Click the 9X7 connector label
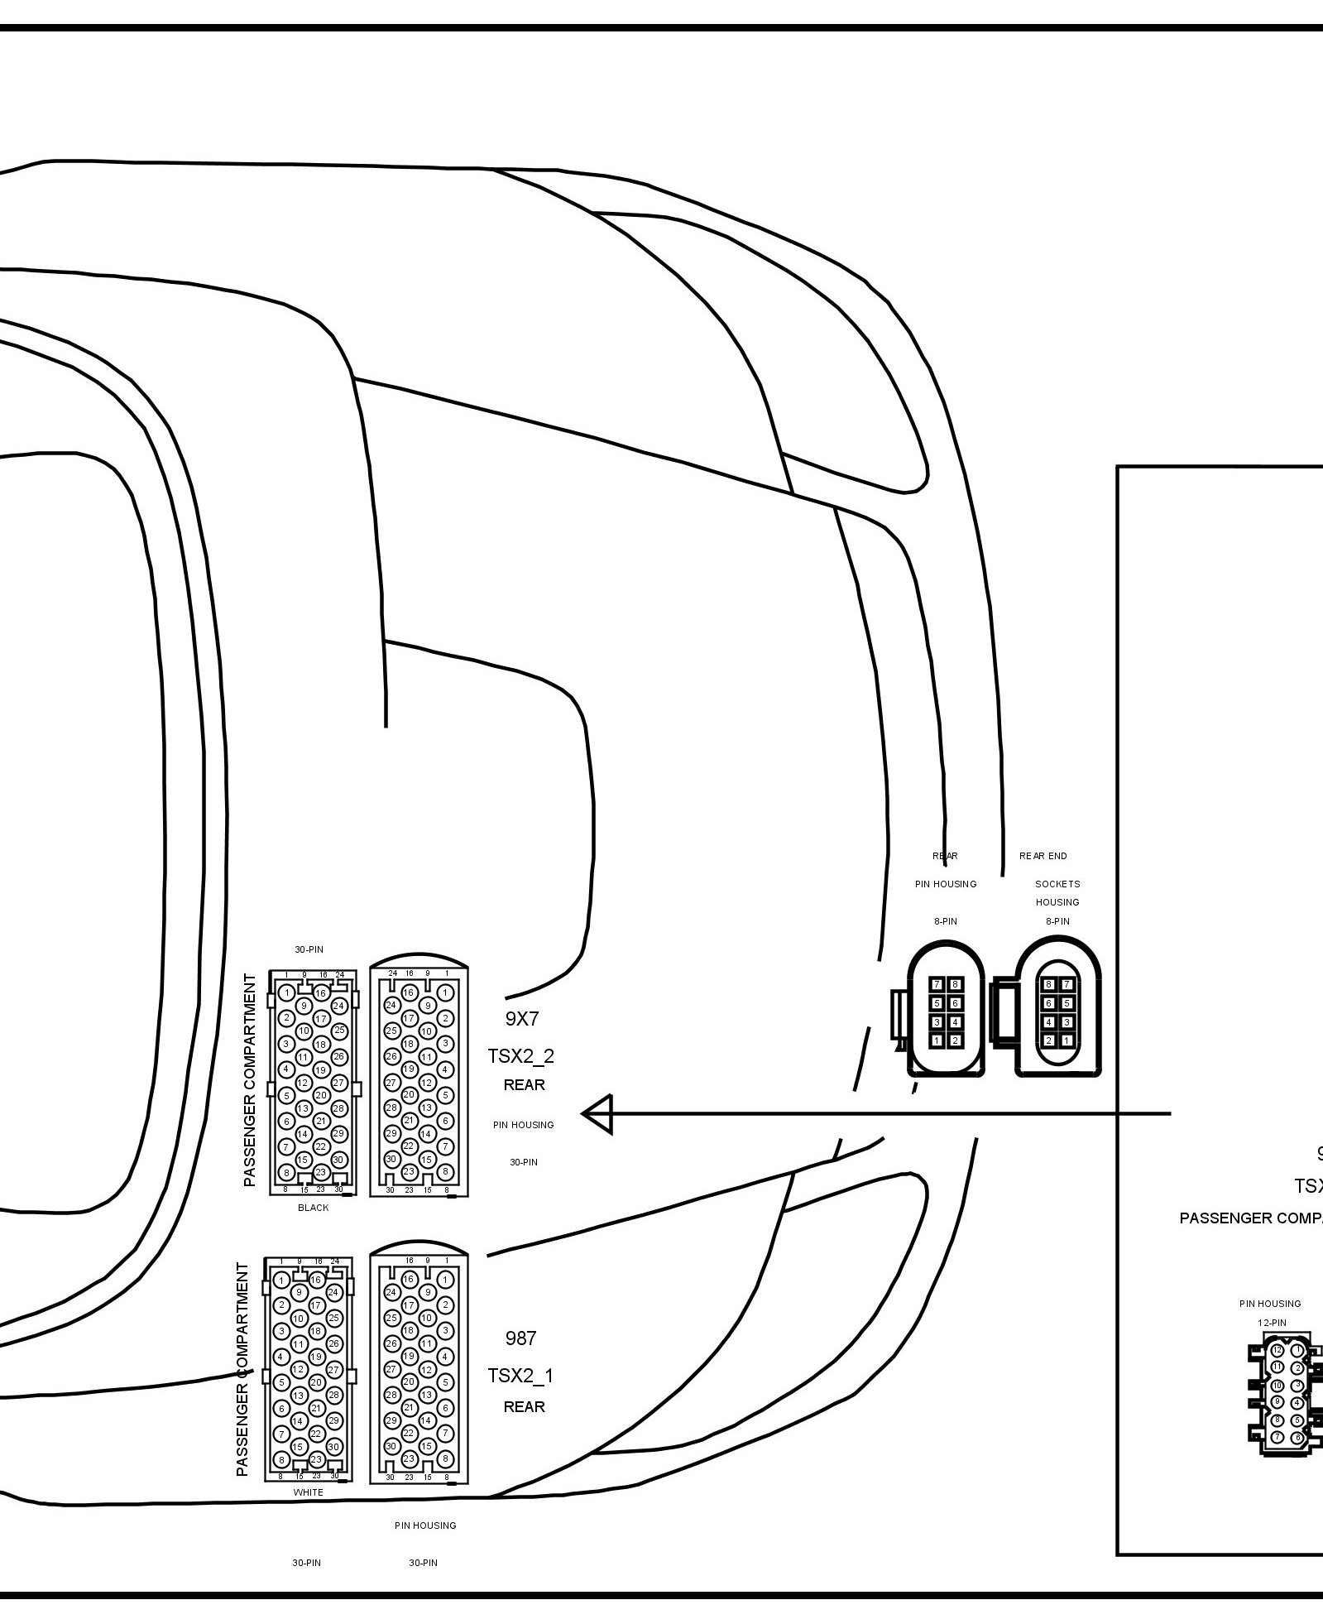click(521, 1019)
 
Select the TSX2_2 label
click(520, 1056)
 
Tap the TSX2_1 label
click(520, 1376)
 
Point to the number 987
click(520, 1338)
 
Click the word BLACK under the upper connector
click(313, 1208)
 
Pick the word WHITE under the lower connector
click(308, 1492)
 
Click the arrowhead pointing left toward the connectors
click(597, 1114)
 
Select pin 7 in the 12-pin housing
click(1277, 1437)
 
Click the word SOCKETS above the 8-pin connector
click(1057, 884)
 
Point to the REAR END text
click(1043, 856)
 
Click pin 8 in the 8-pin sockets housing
click(1048, 984)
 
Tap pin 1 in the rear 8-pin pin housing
click(937, 1040)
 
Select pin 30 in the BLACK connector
click(338, 1160)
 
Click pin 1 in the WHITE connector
click(282, 1280)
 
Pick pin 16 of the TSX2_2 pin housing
click(408, 992)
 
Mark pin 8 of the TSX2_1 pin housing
click(445, 1458)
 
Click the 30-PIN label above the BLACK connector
click(309, 949)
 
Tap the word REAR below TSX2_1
click(525, 1407)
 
